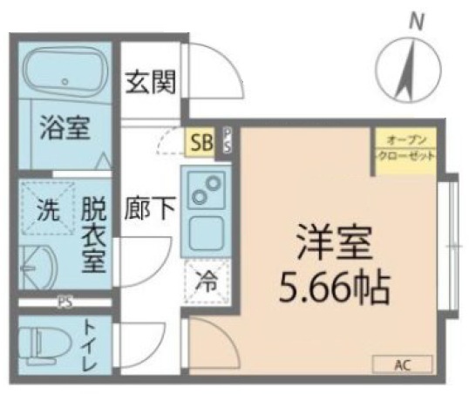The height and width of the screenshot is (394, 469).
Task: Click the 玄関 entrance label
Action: coord(151,82)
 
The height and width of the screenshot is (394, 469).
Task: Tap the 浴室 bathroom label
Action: coord(64,128)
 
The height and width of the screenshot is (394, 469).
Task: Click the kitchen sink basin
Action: coord(207,231)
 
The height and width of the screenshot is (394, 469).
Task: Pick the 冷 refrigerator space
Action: coord(206,283)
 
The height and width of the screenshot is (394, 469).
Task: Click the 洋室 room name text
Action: coord(323,241)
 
